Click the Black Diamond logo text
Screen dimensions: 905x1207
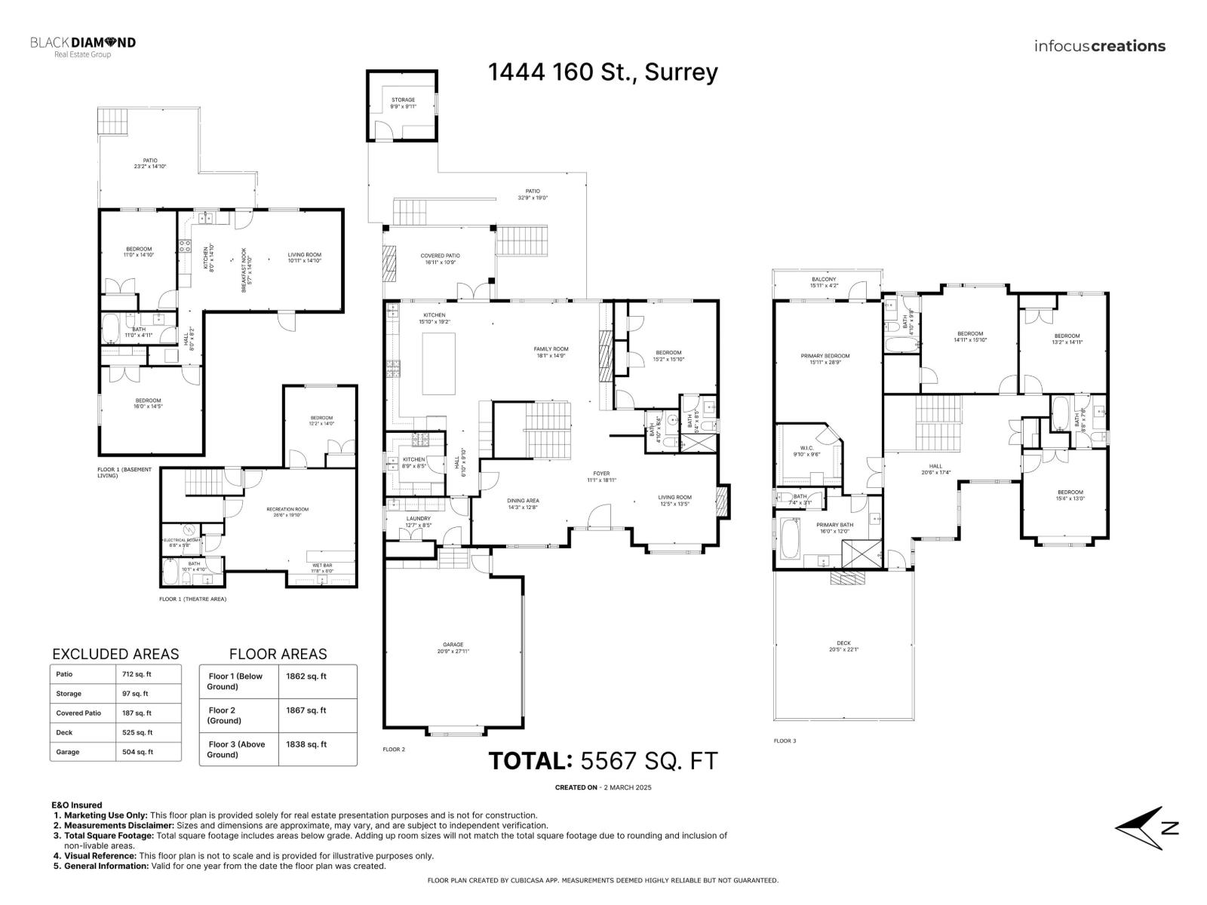click(83, 43)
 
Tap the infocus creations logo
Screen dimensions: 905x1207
click(1100, 46)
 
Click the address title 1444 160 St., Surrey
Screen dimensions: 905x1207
click(603, 72)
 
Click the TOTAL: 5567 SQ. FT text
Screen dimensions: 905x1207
click(603, 760)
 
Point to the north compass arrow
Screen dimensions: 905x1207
click(1143, 828)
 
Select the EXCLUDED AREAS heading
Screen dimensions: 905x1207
click(115, 654)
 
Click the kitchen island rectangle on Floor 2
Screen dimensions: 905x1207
click(438, 364)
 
